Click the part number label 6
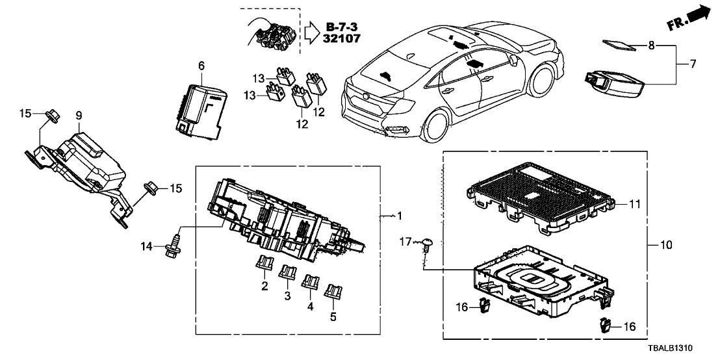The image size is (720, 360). click(201, 66)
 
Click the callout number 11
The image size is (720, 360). click(636, 204)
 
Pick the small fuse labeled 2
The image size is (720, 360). click(263, 264)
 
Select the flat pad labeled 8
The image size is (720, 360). click(617, 45)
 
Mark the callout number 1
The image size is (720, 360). click(400, 215)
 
